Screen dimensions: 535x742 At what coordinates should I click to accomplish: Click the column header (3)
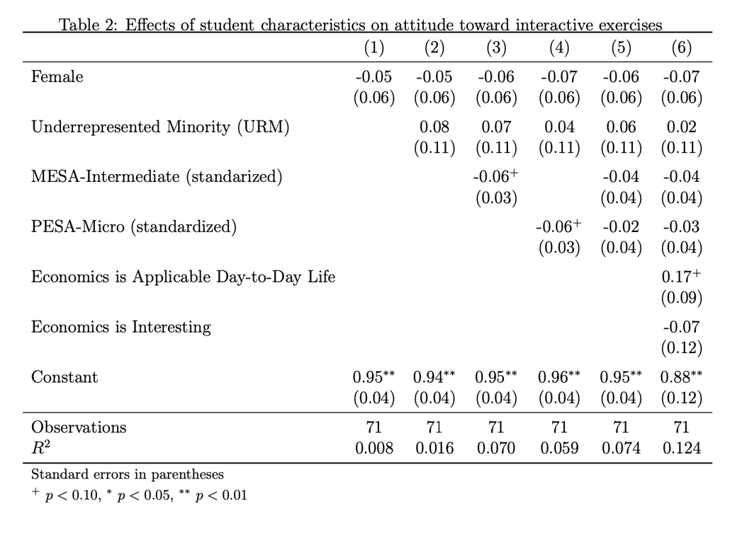tap(496, 48)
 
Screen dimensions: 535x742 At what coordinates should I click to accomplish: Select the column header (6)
tap(681, 48)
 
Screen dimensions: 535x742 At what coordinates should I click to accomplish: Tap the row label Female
tap(57, 76)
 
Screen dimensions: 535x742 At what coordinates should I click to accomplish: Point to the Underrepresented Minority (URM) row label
tap(160, 127)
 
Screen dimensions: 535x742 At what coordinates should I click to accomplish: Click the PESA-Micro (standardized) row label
tap(133, 227)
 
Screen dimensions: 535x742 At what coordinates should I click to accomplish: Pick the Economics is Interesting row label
tap(120, 327)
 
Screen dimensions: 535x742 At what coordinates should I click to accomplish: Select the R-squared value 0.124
tap(681, 448)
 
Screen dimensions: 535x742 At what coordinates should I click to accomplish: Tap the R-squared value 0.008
tap(373, 448)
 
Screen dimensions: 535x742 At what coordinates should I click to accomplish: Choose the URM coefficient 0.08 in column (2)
tap(434, 127)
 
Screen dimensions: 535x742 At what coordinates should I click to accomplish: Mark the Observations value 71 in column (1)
tap(373, 427)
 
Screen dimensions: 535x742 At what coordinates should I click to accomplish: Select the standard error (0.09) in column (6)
tap(681, 298)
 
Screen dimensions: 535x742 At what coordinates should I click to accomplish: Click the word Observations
tap(79, 427)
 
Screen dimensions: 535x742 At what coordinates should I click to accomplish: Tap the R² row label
tap(40, 448)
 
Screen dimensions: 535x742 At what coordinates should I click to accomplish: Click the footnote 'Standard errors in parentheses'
tap(128, 474)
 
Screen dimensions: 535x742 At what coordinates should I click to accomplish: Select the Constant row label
tap(64, 377)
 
